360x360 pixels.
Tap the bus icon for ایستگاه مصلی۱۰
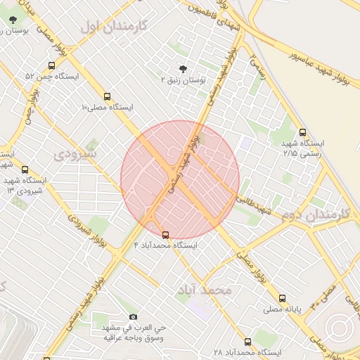(107, 97)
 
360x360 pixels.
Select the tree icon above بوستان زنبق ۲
(184, 69)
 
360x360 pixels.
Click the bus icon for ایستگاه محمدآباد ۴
(165, 235)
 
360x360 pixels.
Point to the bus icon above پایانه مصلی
(283, 298)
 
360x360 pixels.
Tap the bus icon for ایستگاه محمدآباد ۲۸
(247, 342)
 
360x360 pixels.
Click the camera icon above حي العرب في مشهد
(134, 317)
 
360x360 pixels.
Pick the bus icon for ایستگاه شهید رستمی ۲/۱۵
(302, 131)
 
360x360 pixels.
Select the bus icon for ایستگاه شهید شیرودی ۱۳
(25, 169)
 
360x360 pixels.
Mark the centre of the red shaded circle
(180, 180)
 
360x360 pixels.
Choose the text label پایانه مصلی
(283, 309)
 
